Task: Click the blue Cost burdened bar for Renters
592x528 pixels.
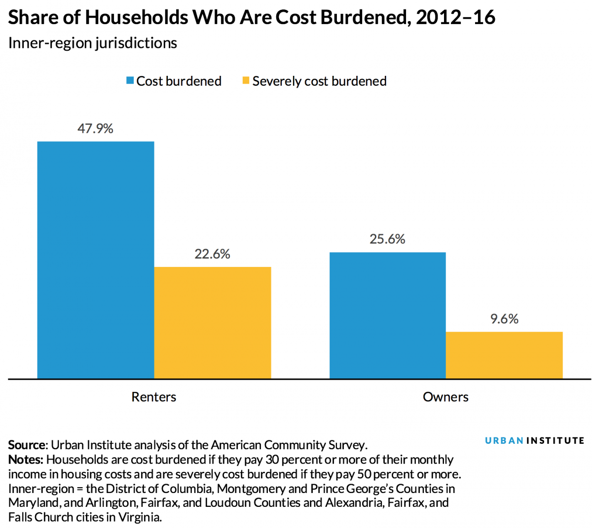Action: (96, 260)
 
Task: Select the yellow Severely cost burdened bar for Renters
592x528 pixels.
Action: (213, 323)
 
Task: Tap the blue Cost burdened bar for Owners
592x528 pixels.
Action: (387, 315)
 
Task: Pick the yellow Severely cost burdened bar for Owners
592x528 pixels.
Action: (504, 355)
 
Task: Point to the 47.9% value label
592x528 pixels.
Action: (95, 129)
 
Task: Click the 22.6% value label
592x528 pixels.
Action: (213, 254)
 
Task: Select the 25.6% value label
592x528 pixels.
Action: (387, 239)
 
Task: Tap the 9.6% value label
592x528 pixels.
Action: (504, 319)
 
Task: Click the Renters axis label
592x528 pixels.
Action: (154, 396)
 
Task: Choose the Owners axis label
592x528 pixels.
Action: (445, 396)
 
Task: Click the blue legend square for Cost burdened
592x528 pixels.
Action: (130, 80)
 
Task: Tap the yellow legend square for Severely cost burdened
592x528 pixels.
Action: (246, 80)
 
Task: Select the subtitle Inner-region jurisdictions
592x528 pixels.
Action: (93, 43)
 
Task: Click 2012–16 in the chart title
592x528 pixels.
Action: (455, 17)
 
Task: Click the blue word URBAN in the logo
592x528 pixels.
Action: (504, 440)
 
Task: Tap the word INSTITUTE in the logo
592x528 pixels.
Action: (555, 440)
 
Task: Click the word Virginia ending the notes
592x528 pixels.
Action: (140, 517)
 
